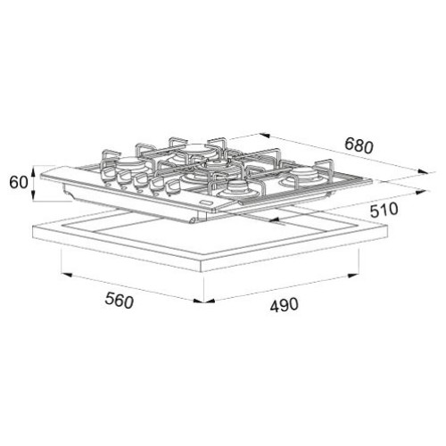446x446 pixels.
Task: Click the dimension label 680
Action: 359,145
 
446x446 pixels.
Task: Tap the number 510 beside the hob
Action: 384,210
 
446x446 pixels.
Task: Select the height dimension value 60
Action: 19,182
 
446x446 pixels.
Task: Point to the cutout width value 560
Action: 120,301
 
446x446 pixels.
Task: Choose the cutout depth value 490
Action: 284,305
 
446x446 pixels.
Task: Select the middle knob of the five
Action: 140,182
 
